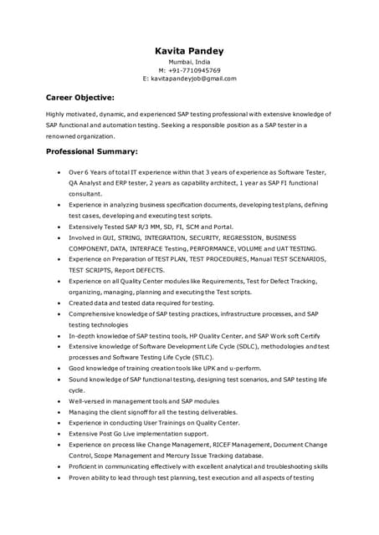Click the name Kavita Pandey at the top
(189, 51)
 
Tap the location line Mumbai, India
(189, 62)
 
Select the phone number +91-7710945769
(194, 70)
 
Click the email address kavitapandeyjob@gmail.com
(194, 79)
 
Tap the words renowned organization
(79, 135)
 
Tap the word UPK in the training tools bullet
(220, 368)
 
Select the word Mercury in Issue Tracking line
(177, 456)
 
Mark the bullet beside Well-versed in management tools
(58, 401)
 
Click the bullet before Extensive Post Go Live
(58, 434)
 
